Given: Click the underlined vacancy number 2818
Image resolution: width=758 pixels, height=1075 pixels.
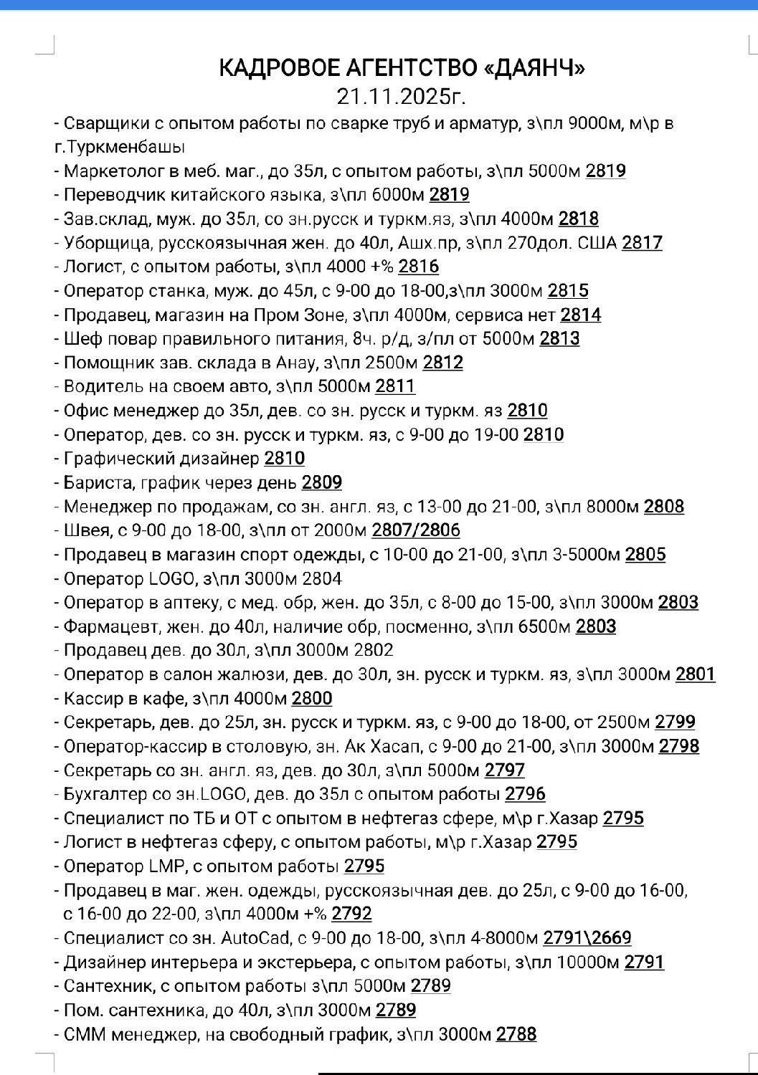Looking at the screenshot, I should (x=578, y=219).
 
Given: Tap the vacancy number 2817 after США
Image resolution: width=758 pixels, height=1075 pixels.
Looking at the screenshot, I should (x=642, y=243).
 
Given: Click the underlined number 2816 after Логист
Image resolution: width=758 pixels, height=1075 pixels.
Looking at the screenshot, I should (x=419, y=267).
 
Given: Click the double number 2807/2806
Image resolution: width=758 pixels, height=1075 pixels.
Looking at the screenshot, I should (x=416, y=530).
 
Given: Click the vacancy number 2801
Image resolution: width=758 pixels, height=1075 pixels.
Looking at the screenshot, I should (x=695, y=674).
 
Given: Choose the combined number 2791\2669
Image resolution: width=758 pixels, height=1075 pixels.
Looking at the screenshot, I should (x=587, y=937).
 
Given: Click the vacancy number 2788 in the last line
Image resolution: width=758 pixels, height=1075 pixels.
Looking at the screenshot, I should (x=516, y=1033).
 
